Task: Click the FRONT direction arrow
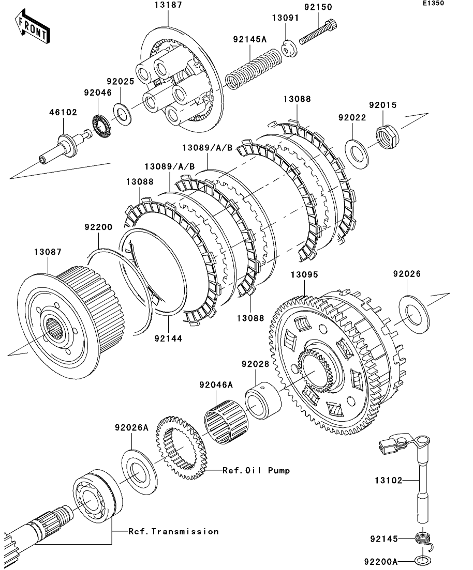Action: [32, 27]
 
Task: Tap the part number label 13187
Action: [168, 5]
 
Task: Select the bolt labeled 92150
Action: [318, 32]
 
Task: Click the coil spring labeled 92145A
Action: [253, 68]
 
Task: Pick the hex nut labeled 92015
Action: [387, 137]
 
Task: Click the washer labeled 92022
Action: [357, 153]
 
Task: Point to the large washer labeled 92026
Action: [414, 314]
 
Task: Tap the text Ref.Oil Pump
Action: [256, 470]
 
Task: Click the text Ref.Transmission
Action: [174, 531]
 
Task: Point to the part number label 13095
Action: [304, 275]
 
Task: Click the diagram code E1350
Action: [433, 3]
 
